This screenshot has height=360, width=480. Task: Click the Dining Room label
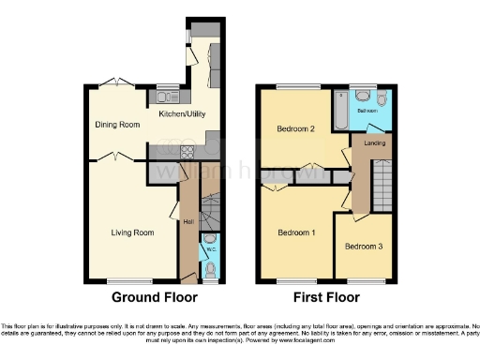[117, 124]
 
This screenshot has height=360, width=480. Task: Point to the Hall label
[187, 222]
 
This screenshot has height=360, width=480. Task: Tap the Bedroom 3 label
[363, 247]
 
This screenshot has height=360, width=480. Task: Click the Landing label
[375, 143]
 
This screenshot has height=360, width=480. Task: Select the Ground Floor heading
[155, 298]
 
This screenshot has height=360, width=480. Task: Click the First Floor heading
[328, 298]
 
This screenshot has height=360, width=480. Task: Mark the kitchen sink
[169, 96]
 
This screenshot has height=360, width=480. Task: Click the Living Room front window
[123, 280]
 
